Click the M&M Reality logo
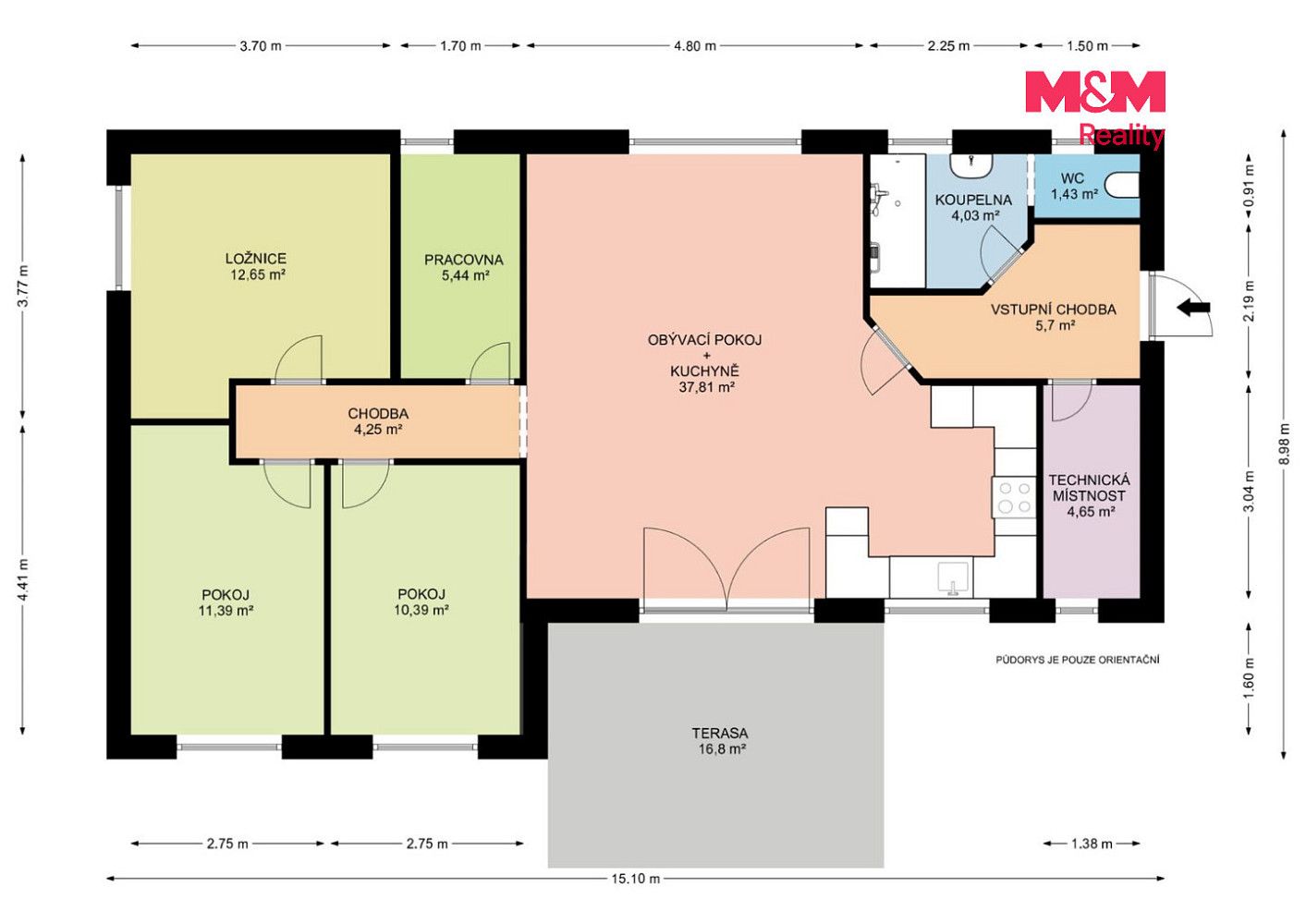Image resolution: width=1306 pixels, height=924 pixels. [1095, 109]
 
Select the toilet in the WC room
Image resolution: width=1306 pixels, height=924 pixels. [1121, 185]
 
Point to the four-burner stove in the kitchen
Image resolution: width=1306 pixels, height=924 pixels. [1015, 497]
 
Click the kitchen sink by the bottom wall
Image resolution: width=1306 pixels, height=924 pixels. [954, 578]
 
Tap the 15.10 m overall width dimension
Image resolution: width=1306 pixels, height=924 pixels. [636, 878]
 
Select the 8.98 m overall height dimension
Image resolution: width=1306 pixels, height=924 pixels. [1284, 444]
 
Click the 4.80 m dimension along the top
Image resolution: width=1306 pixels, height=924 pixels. [695, 45]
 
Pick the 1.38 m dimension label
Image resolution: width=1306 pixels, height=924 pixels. [1092, 843]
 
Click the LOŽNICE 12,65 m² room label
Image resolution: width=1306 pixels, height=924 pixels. [257, 266]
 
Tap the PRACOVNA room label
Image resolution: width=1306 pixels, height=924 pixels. [463, 260]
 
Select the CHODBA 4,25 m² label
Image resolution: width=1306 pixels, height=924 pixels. [378, 421]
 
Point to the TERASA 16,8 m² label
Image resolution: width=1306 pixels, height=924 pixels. [721, 741]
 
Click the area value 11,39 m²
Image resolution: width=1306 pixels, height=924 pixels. [226, 611]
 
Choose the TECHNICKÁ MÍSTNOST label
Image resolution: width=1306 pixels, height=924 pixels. [1089, 488]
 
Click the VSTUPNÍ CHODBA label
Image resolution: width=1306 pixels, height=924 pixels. [1054, 310]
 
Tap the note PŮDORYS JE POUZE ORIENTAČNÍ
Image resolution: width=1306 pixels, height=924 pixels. [1078, 660]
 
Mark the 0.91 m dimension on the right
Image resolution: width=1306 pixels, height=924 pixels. [1249, 186]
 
